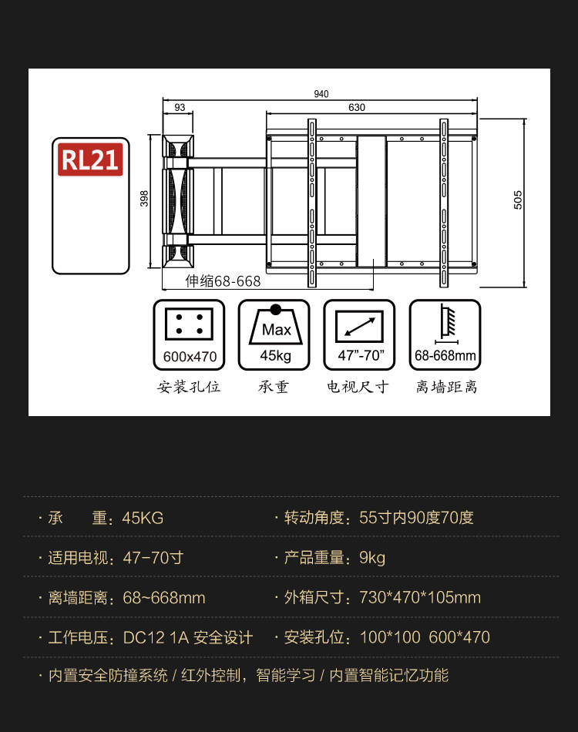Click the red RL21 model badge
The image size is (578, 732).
[x=90, y=159]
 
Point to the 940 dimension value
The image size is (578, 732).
[x=321, y=94]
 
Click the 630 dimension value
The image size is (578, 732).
[x=357, y=108]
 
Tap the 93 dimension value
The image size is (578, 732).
[x=180, y=108]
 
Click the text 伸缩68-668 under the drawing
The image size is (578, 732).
[x=223, y=281]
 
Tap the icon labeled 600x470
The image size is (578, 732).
[x=190, y=334]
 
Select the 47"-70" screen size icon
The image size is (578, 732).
[x=359, y=334]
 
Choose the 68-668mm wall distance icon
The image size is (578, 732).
[x=445, y=334]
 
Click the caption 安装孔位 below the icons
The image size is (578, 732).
[x=190, y=387]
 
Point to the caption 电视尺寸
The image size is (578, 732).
[x=359, y=387]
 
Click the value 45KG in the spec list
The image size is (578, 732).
[x=143, y=518]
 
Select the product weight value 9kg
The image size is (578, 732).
[x=372, y=558]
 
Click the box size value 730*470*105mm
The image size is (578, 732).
[x=420, y=598]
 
